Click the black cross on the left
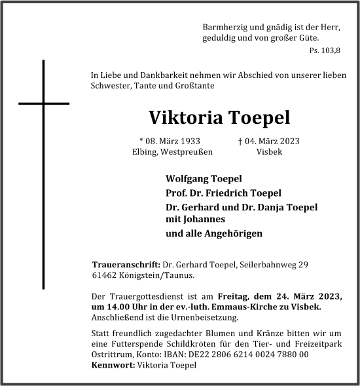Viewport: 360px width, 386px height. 44,104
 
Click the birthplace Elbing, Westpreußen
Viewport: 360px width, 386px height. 171,152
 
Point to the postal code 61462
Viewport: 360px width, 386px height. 105,275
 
